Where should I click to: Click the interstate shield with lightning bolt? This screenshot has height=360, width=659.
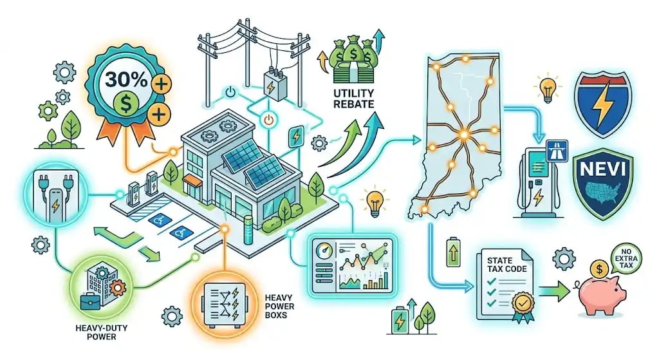(604, 104)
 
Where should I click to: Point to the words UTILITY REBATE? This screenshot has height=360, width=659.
(353, 99)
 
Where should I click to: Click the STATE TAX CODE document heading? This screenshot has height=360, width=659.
(506, 265)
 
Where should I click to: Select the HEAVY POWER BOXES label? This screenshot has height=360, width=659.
(279, 307)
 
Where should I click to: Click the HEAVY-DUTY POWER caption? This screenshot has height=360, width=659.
(101, 332)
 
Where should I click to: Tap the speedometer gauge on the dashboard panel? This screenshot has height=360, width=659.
(324, 252)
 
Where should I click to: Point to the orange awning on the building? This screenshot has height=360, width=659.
(192, 180)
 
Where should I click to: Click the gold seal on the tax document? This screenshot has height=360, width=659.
(523, 301)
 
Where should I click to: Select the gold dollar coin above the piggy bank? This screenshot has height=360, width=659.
(599, 269)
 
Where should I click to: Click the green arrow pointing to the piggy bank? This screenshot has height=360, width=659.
(554, 292)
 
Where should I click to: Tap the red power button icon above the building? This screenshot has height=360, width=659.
(269, 120)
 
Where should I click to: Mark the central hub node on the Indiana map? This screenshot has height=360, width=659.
(463, 135)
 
